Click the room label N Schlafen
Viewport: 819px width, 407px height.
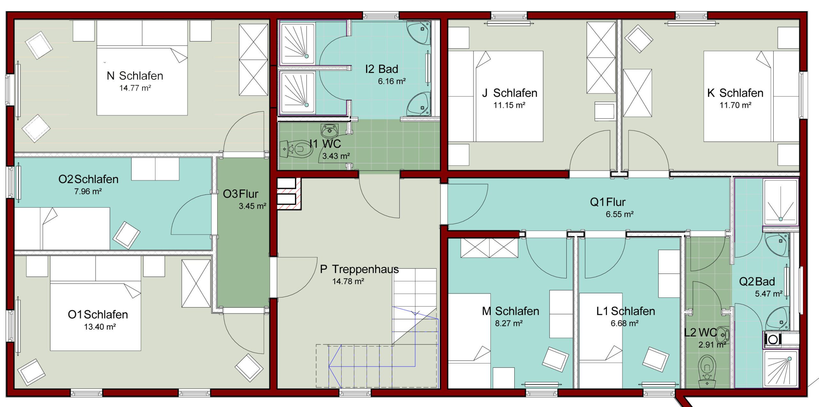coord(135,76)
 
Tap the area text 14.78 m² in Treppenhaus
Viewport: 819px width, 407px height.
coord(348,281)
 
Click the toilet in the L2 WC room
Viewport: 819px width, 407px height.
coord(707,371)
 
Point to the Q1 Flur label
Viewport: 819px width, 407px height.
coord(608,202)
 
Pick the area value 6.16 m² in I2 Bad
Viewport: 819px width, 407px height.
coord(392,81)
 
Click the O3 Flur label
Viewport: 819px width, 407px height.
coord(241,194)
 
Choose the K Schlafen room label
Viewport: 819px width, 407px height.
coord(735,93)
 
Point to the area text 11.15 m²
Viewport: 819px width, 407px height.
coord(509,105)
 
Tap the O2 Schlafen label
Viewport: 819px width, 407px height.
coord(88,179)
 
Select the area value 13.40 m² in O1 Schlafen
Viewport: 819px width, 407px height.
coord(100,327)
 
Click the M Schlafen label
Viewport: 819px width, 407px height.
coord(511,311)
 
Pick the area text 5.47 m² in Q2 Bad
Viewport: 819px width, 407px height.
coord(769,294)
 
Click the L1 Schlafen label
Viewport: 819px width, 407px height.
coord(626,311)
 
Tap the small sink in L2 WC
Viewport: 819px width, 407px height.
coord(723,335)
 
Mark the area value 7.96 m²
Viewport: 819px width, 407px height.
coord(88,191)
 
